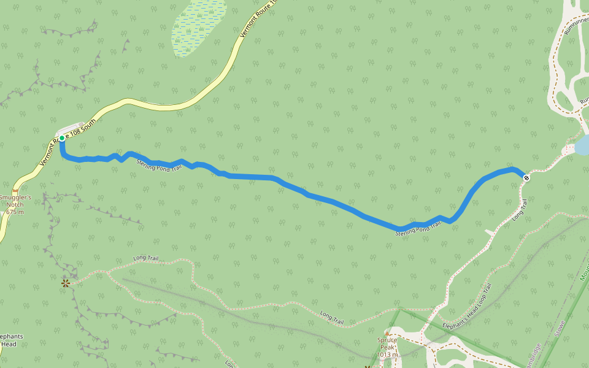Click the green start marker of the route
point(62,138)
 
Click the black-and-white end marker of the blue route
point(526,178)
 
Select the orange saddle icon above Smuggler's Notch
point(15,191)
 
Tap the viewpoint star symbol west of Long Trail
point(65,283)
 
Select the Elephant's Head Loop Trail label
point(468,307)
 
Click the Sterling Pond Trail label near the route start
point(159,164)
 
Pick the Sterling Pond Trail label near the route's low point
point(418,229)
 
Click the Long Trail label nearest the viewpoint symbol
point(145,259)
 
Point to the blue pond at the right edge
point(582,146)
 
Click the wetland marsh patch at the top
point(198,28)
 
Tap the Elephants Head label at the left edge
point(10,340)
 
